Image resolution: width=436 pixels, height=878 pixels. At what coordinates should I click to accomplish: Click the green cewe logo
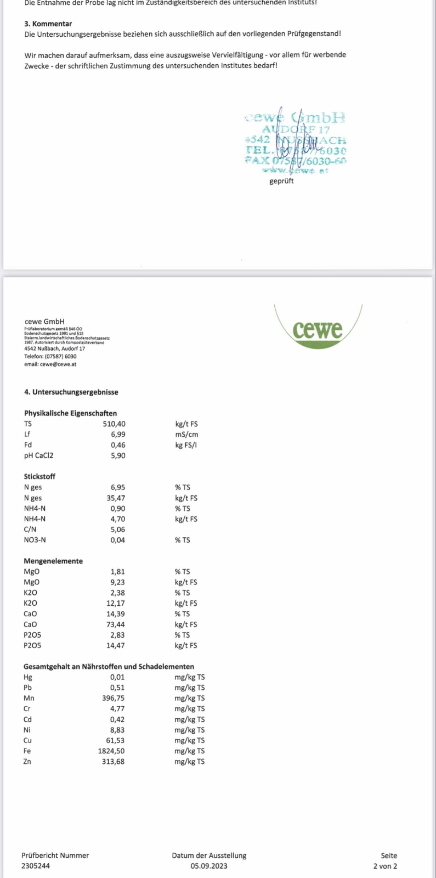click(318, 329)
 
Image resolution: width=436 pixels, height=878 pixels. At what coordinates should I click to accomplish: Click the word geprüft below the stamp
click(281, 181)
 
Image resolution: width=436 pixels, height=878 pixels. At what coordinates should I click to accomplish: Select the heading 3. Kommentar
click(48, 24)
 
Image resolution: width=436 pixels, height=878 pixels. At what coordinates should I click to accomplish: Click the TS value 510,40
click(114, 424)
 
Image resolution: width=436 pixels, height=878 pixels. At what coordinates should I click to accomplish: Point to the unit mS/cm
click(186, 434)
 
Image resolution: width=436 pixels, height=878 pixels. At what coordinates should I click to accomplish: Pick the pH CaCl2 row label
click(39, 456)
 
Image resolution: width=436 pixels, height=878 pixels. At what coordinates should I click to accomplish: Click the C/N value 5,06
click(118, 529)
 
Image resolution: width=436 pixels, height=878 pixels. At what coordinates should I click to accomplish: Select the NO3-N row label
click(35, 540)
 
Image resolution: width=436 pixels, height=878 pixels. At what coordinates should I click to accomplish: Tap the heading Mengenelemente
click(53, 561)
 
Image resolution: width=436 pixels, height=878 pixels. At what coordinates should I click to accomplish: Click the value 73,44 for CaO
click(115, 624)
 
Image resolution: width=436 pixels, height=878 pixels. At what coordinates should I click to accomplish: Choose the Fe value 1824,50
click(111, 751)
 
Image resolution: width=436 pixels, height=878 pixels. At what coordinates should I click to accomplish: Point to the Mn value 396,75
click(113, 698)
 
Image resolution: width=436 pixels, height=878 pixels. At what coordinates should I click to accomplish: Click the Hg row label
click(28, 677)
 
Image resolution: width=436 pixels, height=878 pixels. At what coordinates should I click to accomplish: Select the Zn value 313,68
click(113, 761)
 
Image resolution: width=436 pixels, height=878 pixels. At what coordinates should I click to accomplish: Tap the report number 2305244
click(36, 866)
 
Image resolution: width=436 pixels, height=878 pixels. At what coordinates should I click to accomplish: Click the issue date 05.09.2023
click(209, 866)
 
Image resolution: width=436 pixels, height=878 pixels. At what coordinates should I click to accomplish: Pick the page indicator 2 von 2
click(385, 866)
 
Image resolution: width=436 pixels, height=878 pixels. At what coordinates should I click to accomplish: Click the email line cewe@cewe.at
click(50, 364)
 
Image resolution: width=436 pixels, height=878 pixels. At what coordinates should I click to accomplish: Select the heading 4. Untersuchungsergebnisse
click(71, 392)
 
